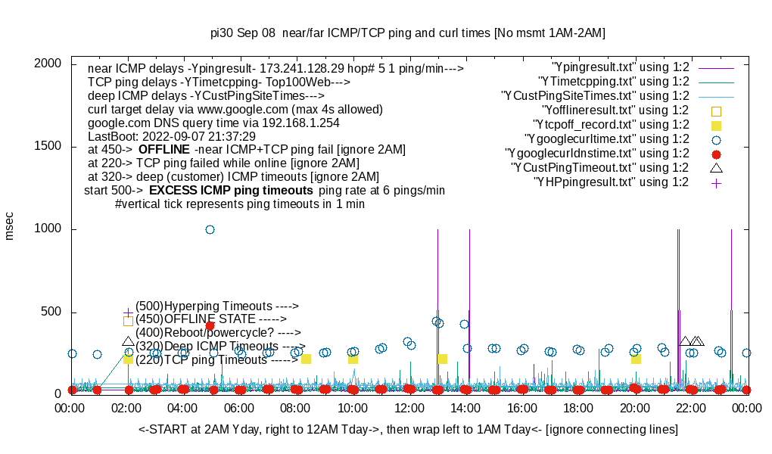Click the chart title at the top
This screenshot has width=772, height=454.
click(x=408, y=33)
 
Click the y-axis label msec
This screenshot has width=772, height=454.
click(x=10, y=226)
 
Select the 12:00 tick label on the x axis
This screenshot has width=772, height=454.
click(x=409, y=408)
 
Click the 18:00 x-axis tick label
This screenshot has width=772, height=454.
click(x=578, y=408)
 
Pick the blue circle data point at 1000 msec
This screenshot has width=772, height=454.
click(x=210, y=229)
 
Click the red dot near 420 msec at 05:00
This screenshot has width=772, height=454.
click(x=210, y=325)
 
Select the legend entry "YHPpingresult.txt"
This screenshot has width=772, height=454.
click(x=611, y=182)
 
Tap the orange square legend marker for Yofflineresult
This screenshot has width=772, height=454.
click(x=716, y=110)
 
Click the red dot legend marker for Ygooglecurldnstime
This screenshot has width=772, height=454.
click(x=716, y=154)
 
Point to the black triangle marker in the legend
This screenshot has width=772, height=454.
click(x=716, y=167)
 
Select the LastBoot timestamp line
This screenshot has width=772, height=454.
click(x=172, y=136)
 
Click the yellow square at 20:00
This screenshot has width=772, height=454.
click(x=636, y=359)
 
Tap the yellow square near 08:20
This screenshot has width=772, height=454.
click(x=306, y=359)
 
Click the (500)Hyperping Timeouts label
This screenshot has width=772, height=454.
click(x=217, y=306)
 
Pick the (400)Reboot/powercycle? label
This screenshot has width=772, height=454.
click(x=218, y=332)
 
